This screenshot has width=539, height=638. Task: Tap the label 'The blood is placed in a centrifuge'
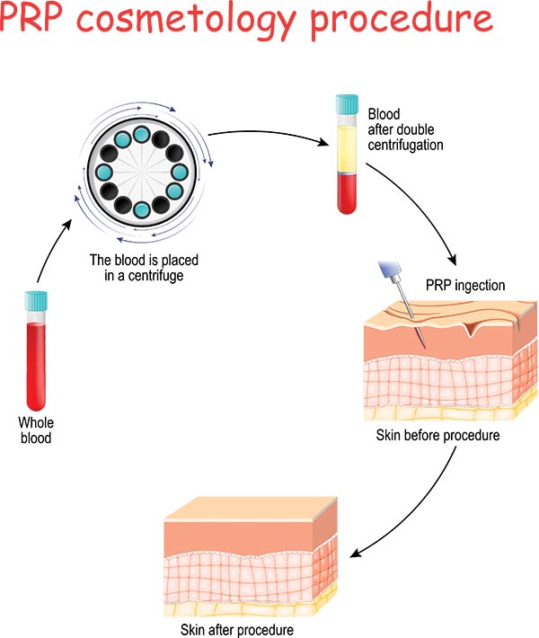click(144, 267)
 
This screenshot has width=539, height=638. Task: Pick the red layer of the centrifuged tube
click(346, 193)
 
